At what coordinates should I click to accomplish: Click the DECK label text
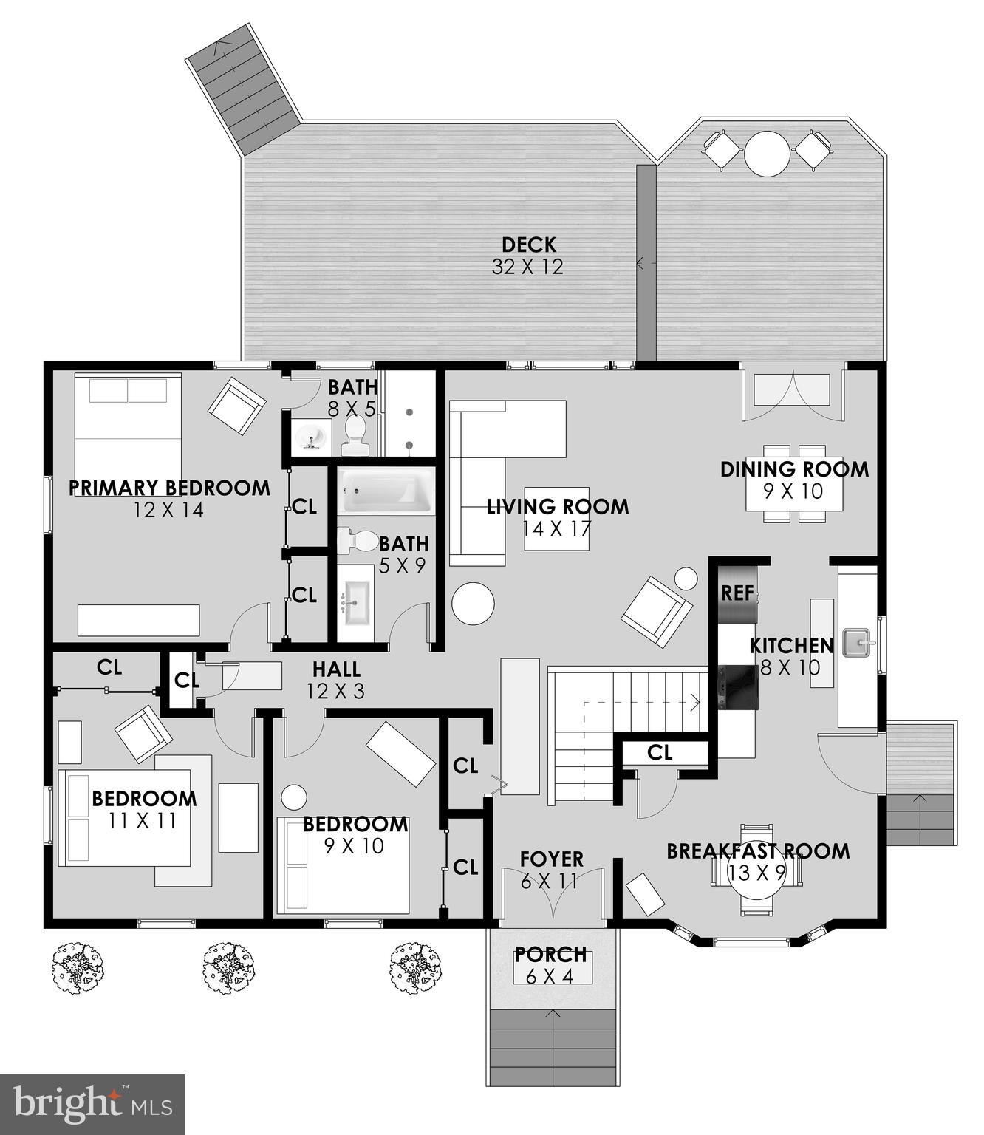click(528, 245)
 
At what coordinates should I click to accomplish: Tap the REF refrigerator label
click(737, 593)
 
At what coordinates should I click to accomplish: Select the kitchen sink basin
click(858, 642)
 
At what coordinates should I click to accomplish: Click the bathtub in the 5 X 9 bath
click(386, 491)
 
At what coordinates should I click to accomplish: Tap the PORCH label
click(551, 955)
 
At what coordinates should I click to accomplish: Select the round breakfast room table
click(756, 873)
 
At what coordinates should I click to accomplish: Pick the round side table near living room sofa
click(473, 604)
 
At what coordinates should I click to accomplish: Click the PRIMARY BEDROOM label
click(169, 488)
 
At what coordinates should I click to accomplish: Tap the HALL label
click(336, 669)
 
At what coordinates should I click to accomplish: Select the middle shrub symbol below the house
click(228, 968)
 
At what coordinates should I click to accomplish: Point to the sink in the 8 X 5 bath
click(312, 437)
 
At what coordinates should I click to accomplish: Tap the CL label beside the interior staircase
click(660, 752)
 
